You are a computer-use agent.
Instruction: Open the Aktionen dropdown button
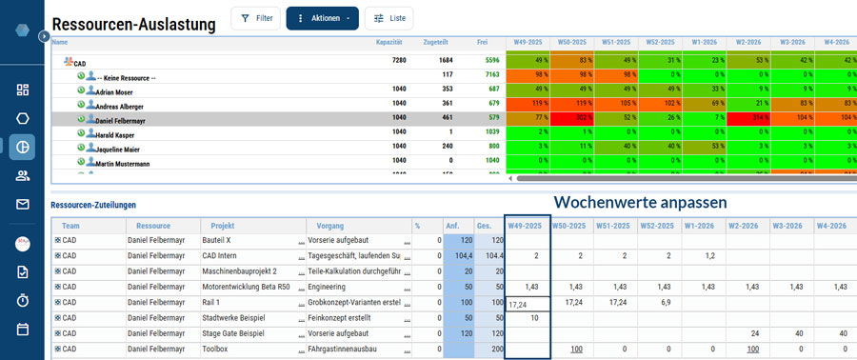tap(322, 18)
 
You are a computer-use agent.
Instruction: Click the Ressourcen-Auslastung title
tap(133, 26)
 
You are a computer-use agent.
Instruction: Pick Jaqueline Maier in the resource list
tap(117, 150)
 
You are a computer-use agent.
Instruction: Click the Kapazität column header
tap(389, 43)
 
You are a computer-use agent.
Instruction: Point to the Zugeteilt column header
tap(436, 43)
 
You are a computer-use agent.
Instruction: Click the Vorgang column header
tap(324, 226)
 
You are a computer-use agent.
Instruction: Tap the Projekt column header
tap(223, 226)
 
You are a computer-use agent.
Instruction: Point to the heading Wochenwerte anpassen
tap(640, 202)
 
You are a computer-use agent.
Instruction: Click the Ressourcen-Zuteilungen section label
tap(93, 205)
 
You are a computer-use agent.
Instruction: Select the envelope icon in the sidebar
tap(23, 204)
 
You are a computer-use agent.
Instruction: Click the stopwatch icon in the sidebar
tap(23, 301)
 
